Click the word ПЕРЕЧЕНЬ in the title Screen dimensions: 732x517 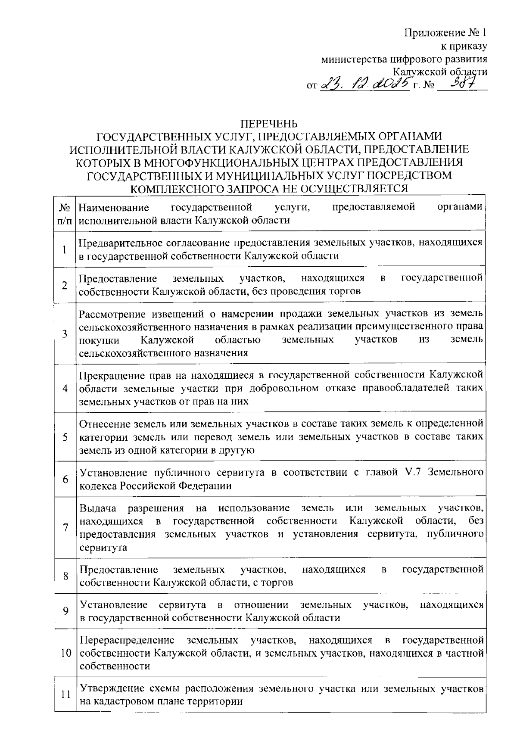[x=269, y=125]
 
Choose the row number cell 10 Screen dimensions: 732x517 [x=65, y=653]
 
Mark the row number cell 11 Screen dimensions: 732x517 [x=65, y=695]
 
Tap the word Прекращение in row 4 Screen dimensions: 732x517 [x=111, y=374]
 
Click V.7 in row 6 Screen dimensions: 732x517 [x=413, y=473]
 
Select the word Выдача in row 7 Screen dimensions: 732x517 [x=98, y=508]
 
